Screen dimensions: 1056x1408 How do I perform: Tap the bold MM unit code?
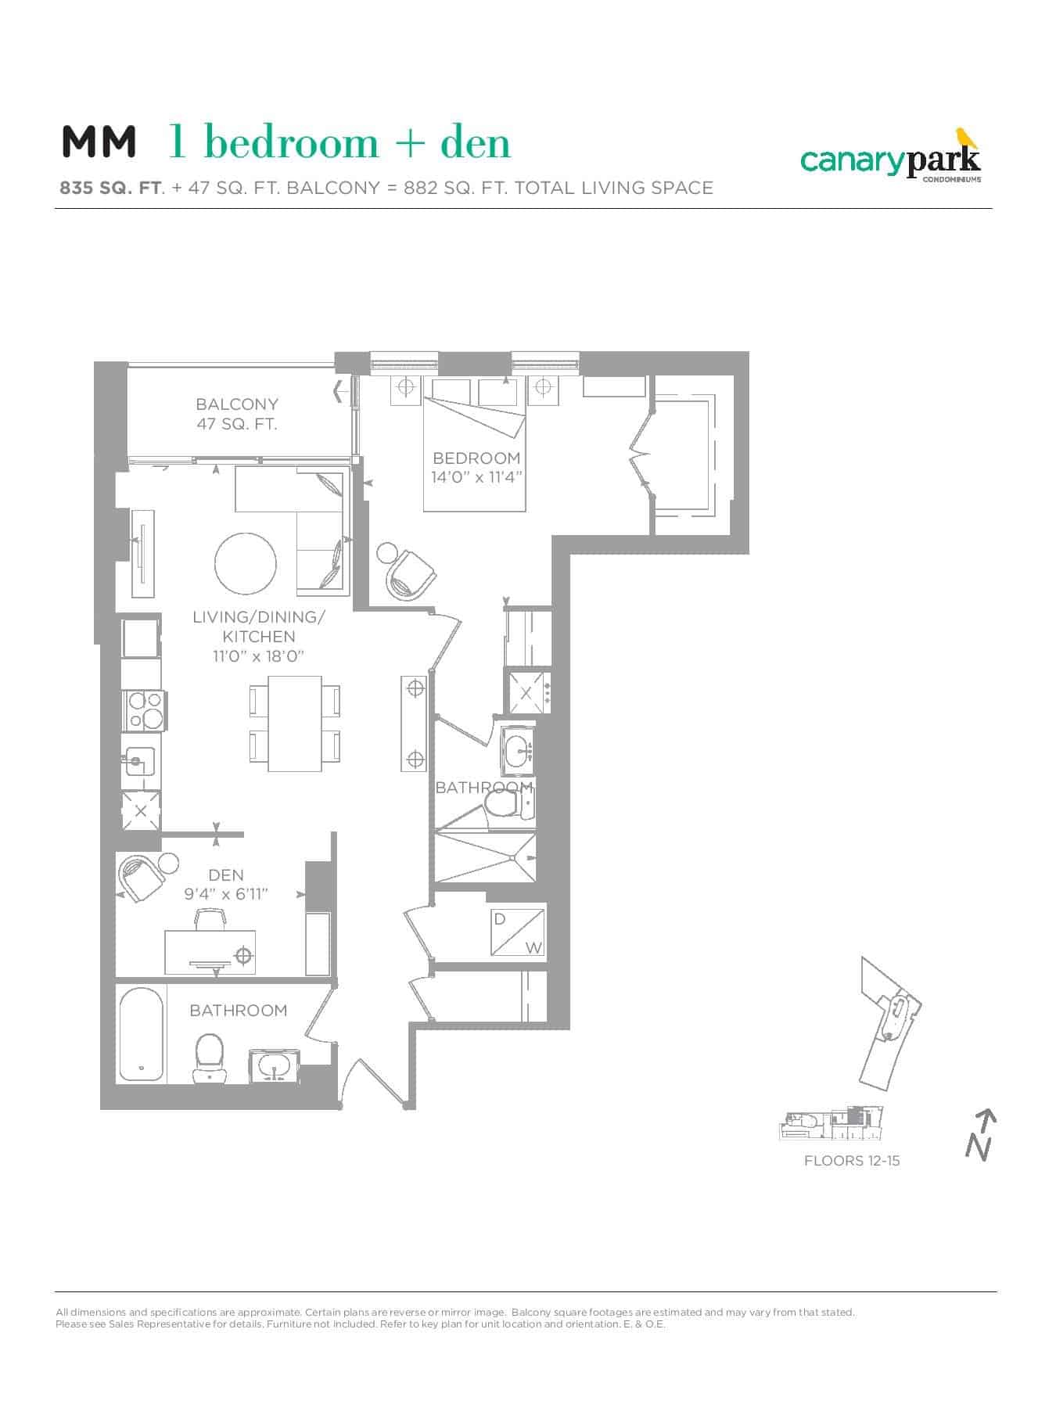pos(99,142)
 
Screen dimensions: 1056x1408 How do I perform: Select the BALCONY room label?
pos(237,404)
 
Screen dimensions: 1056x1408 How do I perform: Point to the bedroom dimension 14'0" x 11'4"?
pos(476,477)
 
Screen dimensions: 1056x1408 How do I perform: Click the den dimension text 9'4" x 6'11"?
pos(226,894)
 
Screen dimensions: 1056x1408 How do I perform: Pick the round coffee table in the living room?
pos(245,564)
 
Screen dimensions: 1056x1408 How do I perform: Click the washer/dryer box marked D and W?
pos(517,932)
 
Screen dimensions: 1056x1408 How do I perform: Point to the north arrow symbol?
pos(980,1135)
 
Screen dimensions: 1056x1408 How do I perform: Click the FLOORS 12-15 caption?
pos(852,1161)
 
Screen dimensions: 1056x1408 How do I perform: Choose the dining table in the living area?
pos(294,723)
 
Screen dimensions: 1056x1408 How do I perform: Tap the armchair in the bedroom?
pos(411,575)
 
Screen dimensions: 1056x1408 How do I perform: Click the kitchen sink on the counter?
pos(139,759)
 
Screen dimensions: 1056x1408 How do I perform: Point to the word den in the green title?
pos(475,142)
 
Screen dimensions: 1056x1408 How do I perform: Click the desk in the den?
pos(210,951)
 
